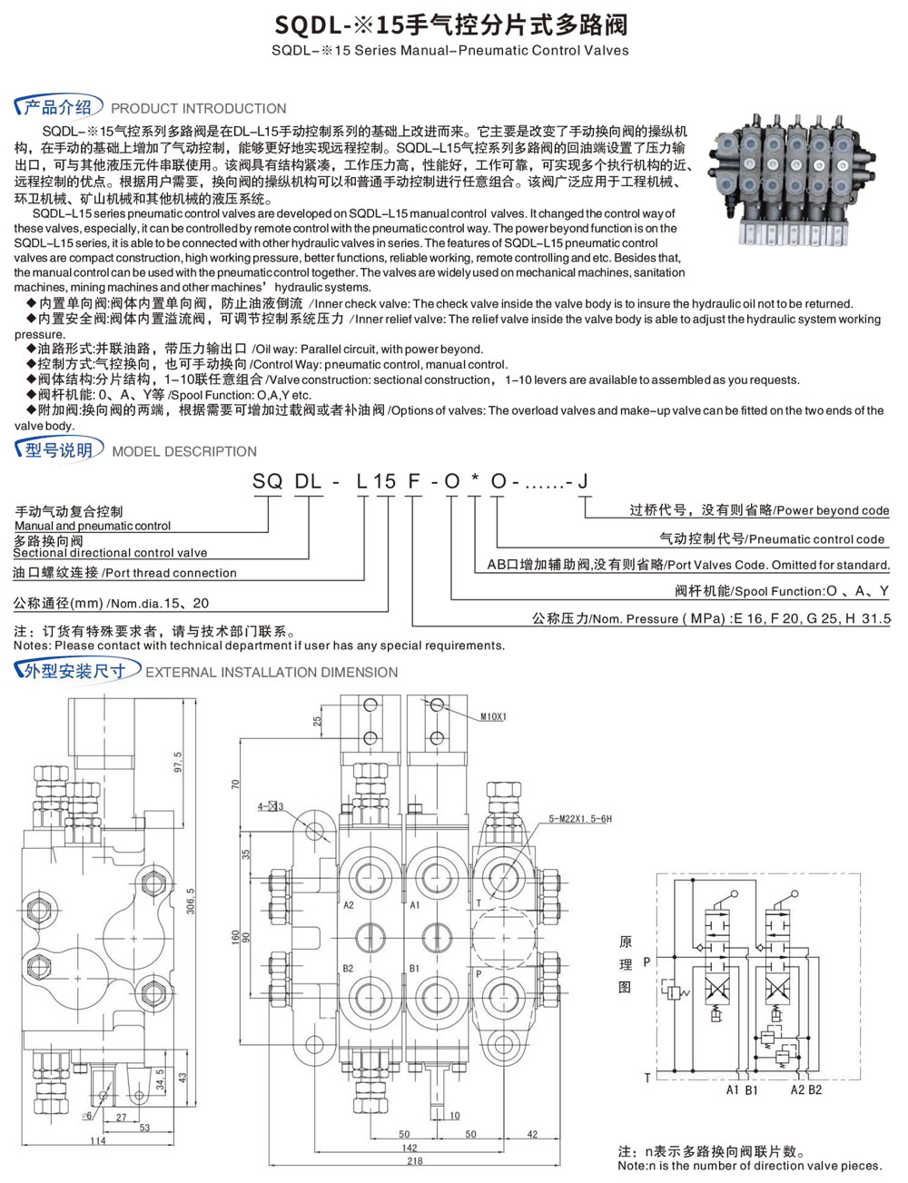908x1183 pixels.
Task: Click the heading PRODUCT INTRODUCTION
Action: coord(198,108)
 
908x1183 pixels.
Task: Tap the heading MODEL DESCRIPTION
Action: coord(184,451)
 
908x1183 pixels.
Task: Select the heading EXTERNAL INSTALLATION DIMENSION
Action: coord(271,673)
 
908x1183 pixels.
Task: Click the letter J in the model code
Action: coord(583,481)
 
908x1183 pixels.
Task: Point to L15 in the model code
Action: coord(376,481)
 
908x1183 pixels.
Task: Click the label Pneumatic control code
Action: coord(816,539)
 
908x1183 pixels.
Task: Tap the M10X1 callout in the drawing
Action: coord(493,716)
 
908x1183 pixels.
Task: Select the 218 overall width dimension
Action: coord(414,1160)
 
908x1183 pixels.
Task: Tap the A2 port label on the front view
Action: coord(349,905)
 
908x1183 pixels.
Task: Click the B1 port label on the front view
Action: coord(414,968)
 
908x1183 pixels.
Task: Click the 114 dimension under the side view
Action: coord(97,1141)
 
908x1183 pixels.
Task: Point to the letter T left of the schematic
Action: coord(646,1078)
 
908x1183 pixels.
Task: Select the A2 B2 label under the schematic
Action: coord(805,1089)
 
